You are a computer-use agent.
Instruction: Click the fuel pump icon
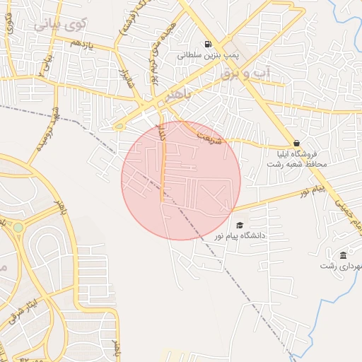pos(208,44)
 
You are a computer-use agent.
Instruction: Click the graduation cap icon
pos(239,225)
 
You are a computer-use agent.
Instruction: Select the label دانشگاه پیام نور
pos(262,235)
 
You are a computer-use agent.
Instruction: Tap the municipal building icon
pos(343,255)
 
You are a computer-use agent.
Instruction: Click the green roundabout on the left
pos(18,228)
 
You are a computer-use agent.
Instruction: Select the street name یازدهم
pos(60,43)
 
